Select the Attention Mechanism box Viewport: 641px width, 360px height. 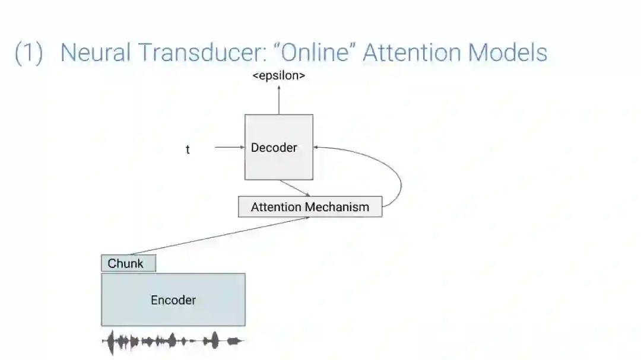(310, 207)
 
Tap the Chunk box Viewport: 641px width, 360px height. (128, 263)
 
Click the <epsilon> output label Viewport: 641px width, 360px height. (278, 75)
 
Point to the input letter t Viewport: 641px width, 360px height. (188, 149)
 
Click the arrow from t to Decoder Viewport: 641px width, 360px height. (229, 147)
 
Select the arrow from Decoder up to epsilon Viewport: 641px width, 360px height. (278, 100)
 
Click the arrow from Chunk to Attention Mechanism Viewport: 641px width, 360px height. (220, 236)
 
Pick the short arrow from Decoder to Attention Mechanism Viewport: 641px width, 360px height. (295, 188)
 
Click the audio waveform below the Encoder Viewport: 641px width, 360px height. (172, 341)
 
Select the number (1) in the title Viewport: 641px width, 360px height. (28, 53)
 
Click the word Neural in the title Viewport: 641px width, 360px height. (95, 53)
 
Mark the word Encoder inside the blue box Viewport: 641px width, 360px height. (173, 300)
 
